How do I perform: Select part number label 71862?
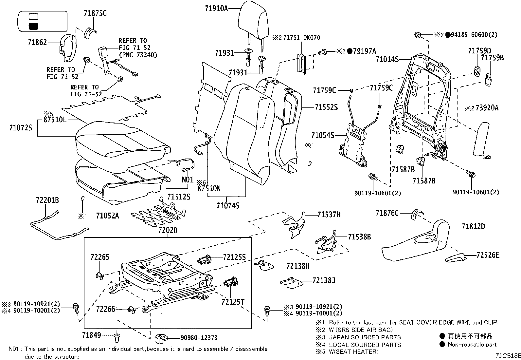coord(37,43)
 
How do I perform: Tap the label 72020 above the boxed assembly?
coord(168,231)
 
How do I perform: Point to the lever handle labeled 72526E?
coord(455,258)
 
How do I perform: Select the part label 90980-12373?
coord(199,338)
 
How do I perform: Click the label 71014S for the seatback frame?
coord(387,60)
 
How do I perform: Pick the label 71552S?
coord(326,107)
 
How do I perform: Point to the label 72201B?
coord(47,200)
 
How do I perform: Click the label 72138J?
coord(324,280)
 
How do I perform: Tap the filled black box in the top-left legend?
coord(33,27)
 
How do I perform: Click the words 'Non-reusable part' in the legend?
coord(472,344)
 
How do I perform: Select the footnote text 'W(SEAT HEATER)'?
coord(353,352)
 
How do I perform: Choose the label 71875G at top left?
coord(95,13)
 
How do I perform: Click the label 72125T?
coord(233,302)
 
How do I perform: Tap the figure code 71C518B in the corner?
coord(508,356)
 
